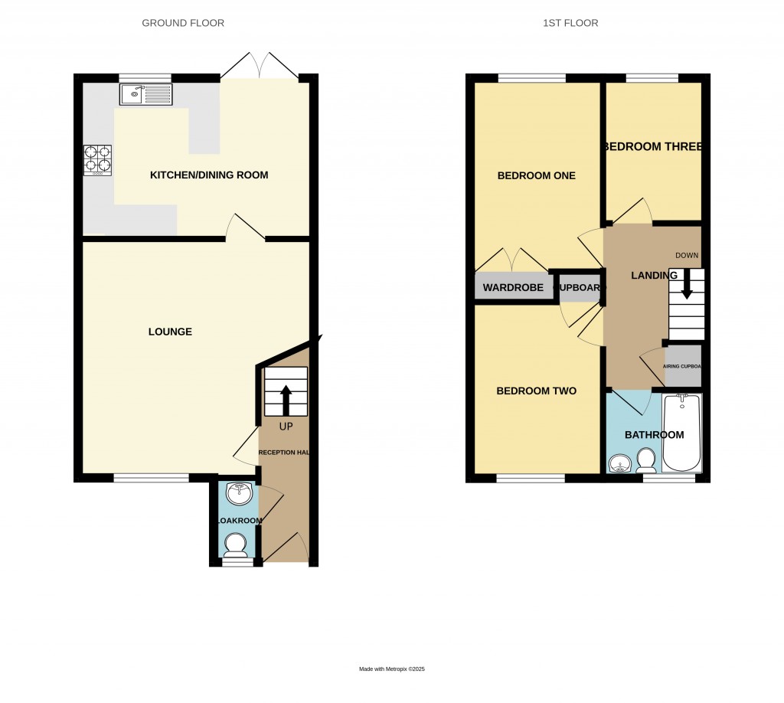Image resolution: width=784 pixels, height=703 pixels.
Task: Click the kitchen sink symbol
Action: pos(146,94)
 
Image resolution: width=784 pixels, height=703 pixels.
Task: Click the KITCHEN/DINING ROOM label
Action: pos(209,175)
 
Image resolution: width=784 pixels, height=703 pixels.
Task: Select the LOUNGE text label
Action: pos(170,332)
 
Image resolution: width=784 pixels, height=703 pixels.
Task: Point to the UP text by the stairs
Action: pos(285,426)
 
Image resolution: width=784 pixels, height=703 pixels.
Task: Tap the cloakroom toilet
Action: pos(234,544)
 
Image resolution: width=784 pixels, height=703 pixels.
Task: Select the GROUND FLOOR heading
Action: pos(183,23)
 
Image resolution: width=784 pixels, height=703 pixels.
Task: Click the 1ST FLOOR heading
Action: pos(570,23)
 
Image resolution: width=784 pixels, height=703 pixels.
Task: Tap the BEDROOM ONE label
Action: pos(537,175)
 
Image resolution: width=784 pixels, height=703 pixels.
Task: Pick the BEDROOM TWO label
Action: pos(537,391)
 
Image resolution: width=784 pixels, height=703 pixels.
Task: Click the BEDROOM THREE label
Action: pos(653,146)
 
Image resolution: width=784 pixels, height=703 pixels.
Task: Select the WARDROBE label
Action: pos(513,288)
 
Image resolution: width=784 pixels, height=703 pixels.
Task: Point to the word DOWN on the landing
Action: pos(687,255)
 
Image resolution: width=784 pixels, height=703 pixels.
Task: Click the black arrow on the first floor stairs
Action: pos(687,285)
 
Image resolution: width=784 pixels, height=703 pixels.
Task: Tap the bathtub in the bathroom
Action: pos(681,433)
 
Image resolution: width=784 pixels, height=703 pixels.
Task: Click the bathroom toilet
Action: pos(646,459)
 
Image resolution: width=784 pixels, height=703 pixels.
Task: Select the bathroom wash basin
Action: pos(620,463)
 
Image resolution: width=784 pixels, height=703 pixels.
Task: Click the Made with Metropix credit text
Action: pos(392,669)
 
